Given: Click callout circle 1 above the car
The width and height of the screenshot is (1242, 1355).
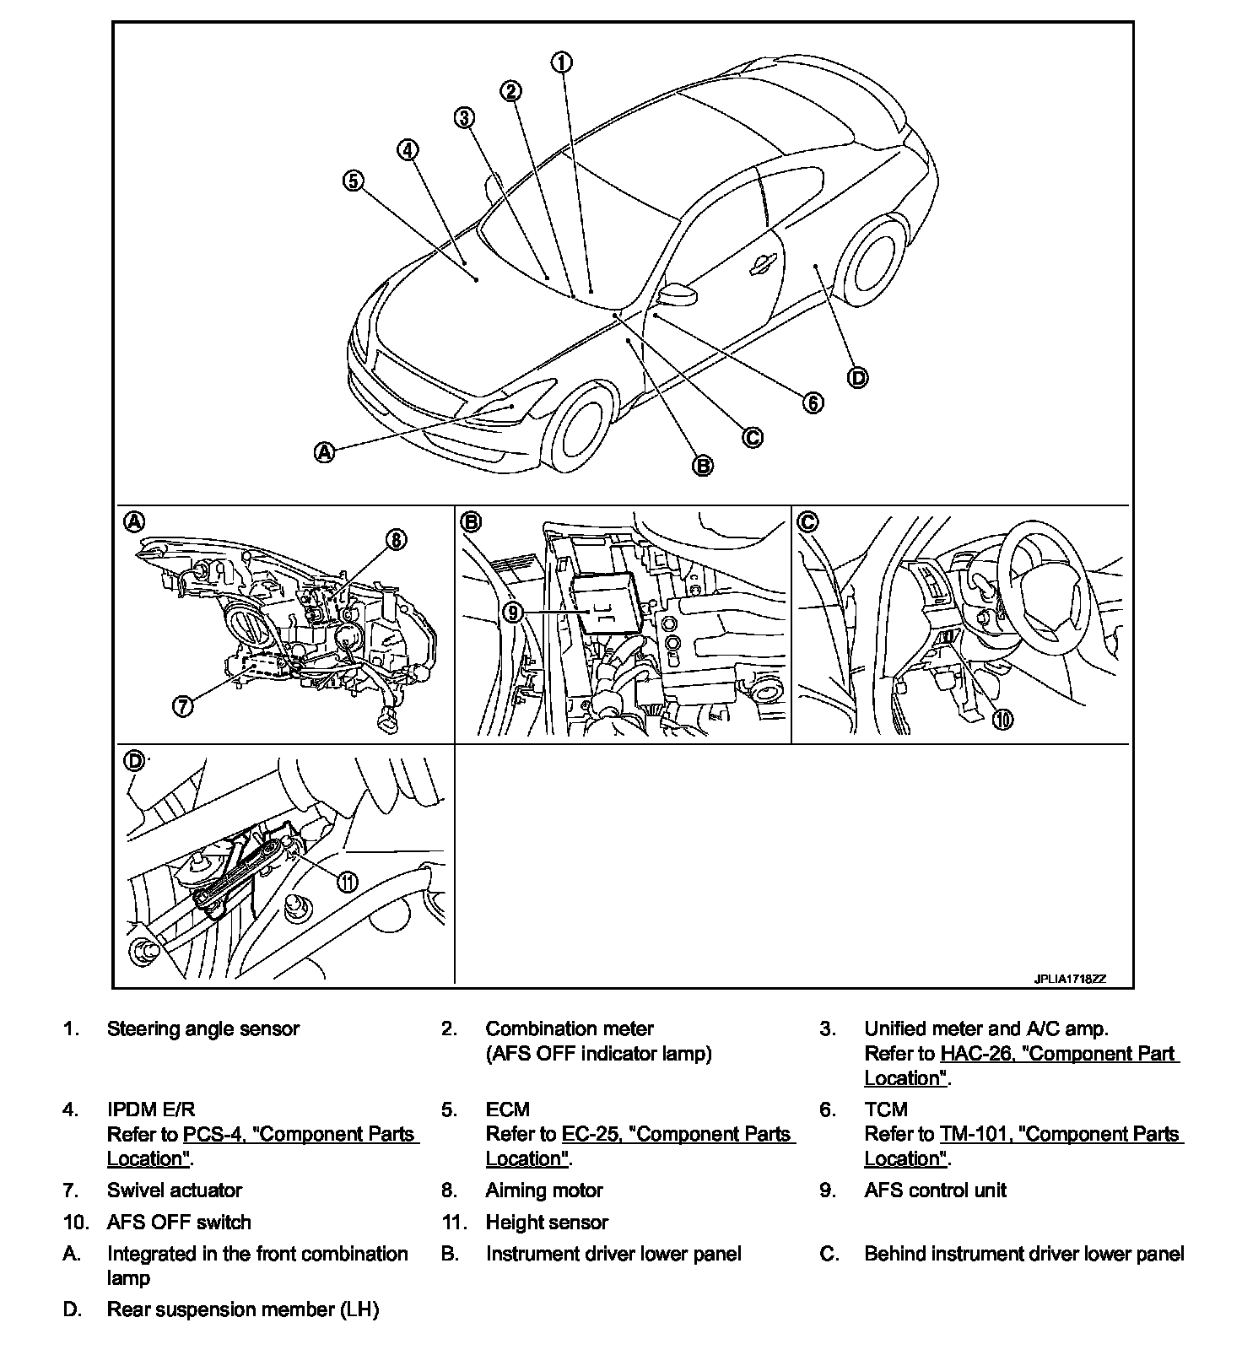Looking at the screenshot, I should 562,62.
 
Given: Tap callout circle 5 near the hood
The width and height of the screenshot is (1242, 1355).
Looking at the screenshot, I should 353,180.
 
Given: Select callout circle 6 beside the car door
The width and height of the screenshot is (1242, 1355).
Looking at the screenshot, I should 813,402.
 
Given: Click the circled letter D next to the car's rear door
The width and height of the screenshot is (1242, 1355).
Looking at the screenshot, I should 857,377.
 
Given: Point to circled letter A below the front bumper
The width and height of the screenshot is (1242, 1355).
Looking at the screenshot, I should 325,452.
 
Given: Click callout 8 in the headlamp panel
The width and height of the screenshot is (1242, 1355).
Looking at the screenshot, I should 397,540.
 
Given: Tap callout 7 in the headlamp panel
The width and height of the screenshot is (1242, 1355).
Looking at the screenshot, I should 183,705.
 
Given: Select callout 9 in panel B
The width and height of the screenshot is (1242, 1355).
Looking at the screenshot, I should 513,612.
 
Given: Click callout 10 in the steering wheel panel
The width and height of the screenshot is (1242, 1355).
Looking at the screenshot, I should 1003,718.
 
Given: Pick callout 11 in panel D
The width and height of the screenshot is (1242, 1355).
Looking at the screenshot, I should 348,882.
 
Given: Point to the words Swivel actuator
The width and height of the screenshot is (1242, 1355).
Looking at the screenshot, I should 175,1190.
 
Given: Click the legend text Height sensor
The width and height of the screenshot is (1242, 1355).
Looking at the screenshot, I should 547,1223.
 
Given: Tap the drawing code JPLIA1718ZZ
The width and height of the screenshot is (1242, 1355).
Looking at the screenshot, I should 1070,980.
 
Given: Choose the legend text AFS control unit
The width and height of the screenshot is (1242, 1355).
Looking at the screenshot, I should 935,1190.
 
